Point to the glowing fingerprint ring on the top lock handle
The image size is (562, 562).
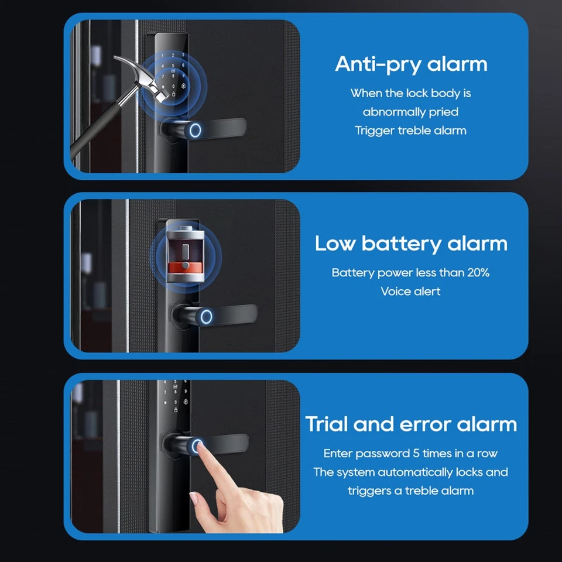pos(195,130)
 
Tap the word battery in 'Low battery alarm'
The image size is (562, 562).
pos(401,244)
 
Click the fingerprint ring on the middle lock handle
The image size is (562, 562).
pos(206,317)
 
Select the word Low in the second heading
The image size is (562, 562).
pos(335,244)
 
